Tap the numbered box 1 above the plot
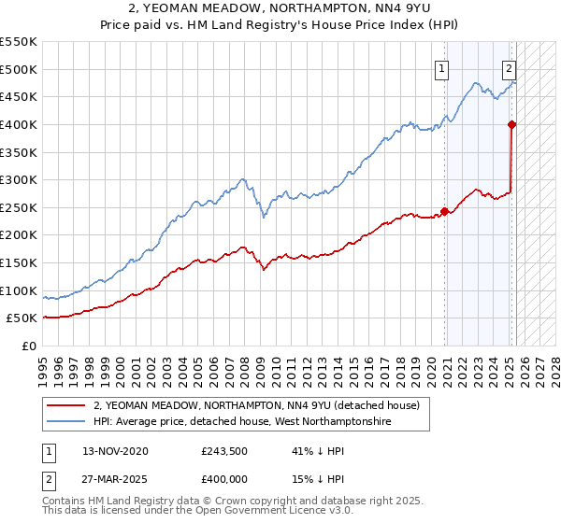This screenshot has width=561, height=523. point(440,67)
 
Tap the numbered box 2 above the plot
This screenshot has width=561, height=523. point(509,67)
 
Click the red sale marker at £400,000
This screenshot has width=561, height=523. point(512,124)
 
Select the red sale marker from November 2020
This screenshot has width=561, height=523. point(444,211)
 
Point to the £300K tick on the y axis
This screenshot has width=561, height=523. point(19,179)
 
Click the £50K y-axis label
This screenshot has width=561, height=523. point(22,318)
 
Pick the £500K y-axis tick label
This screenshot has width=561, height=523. point(19,69)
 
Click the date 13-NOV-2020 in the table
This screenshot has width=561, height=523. point(115,451)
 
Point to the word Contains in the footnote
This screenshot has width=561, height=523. point(65,502)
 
